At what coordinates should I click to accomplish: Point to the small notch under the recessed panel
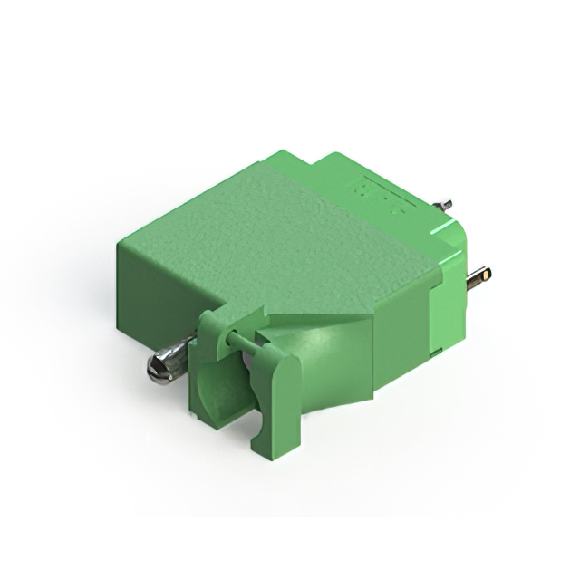click(436, 350)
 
